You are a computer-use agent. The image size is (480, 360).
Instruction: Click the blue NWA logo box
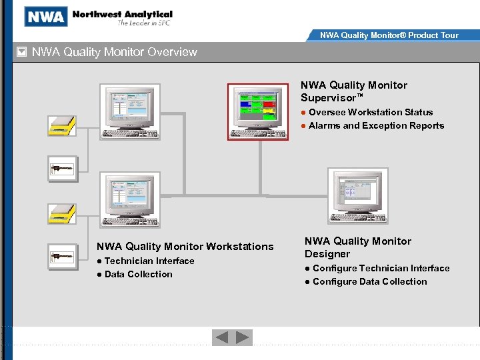pos(46,16)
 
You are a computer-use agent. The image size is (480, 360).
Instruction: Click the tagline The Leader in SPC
pos(145,23)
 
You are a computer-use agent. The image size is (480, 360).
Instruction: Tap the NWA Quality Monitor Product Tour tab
pos(389,35)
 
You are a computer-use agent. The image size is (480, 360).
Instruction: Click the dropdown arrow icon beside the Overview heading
pos(21,52)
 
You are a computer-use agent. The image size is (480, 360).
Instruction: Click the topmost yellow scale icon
pos(62,125)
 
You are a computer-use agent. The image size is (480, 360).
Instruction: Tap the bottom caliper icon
pos(62,255)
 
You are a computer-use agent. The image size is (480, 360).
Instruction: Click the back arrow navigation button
pos(221,338)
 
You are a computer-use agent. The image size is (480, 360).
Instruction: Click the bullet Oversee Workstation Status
pos(371,112)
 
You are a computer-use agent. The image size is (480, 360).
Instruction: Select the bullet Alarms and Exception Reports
pos(376,125)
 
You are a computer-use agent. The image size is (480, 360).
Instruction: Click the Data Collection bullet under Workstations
pos(138,274)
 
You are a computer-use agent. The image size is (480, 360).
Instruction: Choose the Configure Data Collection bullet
pos(369,281)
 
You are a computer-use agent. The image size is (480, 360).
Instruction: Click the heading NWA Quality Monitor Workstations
pos(185,247)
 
